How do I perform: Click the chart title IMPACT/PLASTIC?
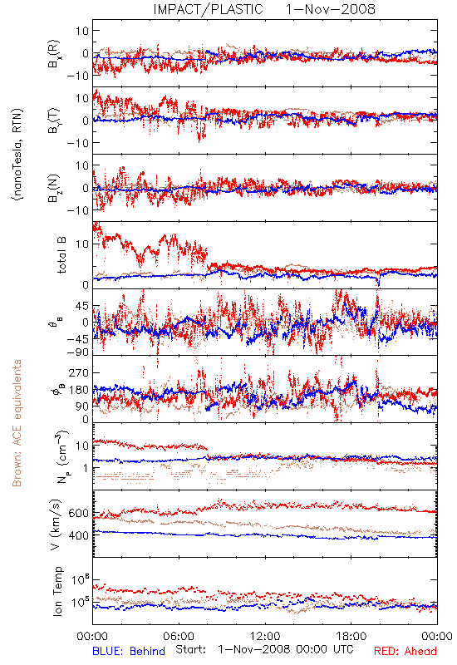point(209,9)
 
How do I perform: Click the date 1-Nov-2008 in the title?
point(331,9)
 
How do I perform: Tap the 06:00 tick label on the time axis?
point(179,636)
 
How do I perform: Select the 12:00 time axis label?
point(265,636)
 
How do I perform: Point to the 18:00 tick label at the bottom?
point(351,636)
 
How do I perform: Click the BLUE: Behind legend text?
point(129,651)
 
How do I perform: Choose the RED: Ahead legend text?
point(405,651)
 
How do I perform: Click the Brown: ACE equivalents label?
point(17,423)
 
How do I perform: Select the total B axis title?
point(61,255)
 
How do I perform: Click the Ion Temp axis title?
point(57,591)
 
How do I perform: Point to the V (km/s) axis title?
point(56,525)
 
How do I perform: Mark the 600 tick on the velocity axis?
point(78,513)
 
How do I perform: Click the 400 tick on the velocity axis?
point(78,535)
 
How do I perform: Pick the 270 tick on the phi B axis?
point(78,372)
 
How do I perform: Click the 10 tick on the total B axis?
point(82,244)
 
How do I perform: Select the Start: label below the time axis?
point(191,650)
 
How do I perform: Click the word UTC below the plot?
point(341,650)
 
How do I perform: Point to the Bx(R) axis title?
point(54,54)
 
